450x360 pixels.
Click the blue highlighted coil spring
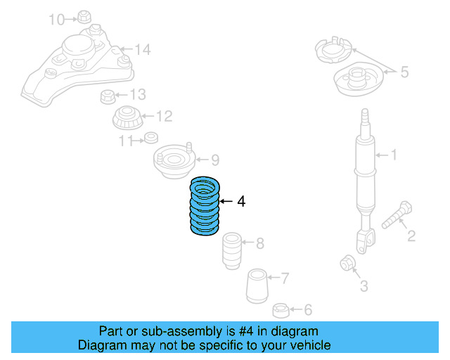coord(205,206)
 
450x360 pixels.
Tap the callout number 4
coord(241,202)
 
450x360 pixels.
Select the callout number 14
coord(143,49)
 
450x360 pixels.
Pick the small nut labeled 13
coord(108,96)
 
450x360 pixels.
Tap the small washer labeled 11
coord(150,138)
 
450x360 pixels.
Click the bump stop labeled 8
coord(231,251)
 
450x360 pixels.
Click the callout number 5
coord(404,71)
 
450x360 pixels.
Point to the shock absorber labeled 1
coord(364,176)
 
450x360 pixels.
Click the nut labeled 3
coord(347,263)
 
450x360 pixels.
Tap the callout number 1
coord(394,154)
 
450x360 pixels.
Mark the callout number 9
coord(214,160)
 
